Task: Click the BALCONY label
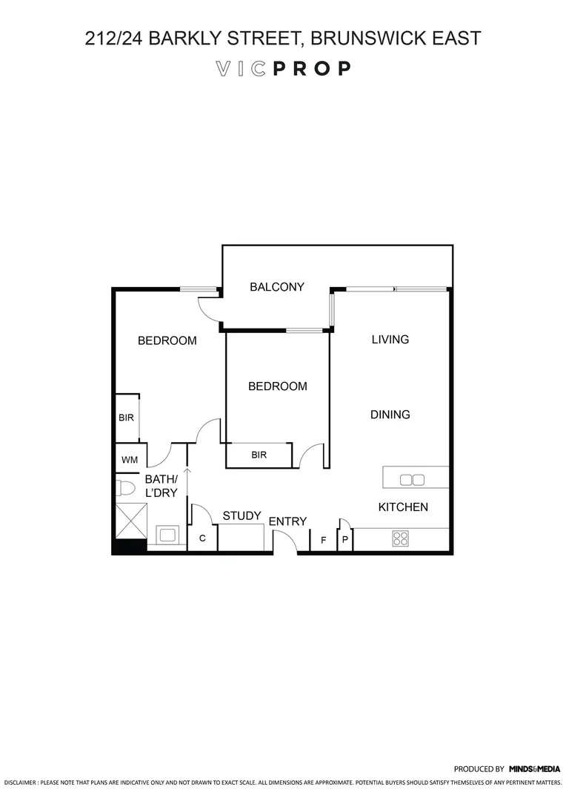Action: coord(276,287)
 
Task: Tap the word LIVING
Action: coord(390,340)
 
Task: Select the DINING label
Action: coord(390,415)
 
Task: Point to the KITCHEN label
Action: coord(403,507)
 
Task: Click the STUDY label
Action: coord(242,515)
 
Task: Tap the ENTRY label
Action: coord(287,521)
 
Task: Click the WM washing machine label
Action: coord(130,460)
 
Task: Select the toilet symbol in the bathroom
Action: coord(125,488)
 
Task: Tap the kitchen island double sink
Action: coord(412,480)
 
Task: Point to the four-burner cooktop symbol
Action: coord(401,538)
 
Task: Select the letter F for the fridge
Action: coord(323,541)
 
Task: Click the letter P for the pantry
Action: coord(344,541)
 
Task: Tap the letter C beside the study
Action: coord(202,538)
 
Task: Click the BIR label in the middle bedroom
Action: coord(259,455)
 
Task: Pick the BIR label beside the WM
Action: coord(127,418)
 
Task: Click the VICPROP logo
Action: coord(283,69)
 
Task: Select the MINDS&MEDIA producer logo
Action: coord(535,769)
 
